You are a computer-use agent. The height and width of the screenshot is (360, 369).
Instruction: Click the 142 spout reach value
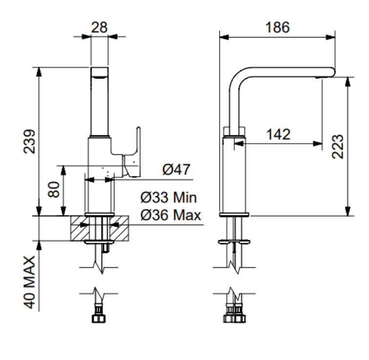click(x=278, y=134)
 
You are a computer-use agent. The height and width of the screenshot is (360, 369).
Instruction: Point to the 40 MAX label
click(x=30, y=282)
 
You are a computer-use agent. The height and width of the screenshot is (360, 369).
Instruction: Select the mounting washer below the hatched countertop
click(x=100, y=242)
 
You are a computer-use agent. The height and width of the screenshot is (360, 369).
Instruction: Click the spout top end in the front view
click(x=100, y=72)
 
